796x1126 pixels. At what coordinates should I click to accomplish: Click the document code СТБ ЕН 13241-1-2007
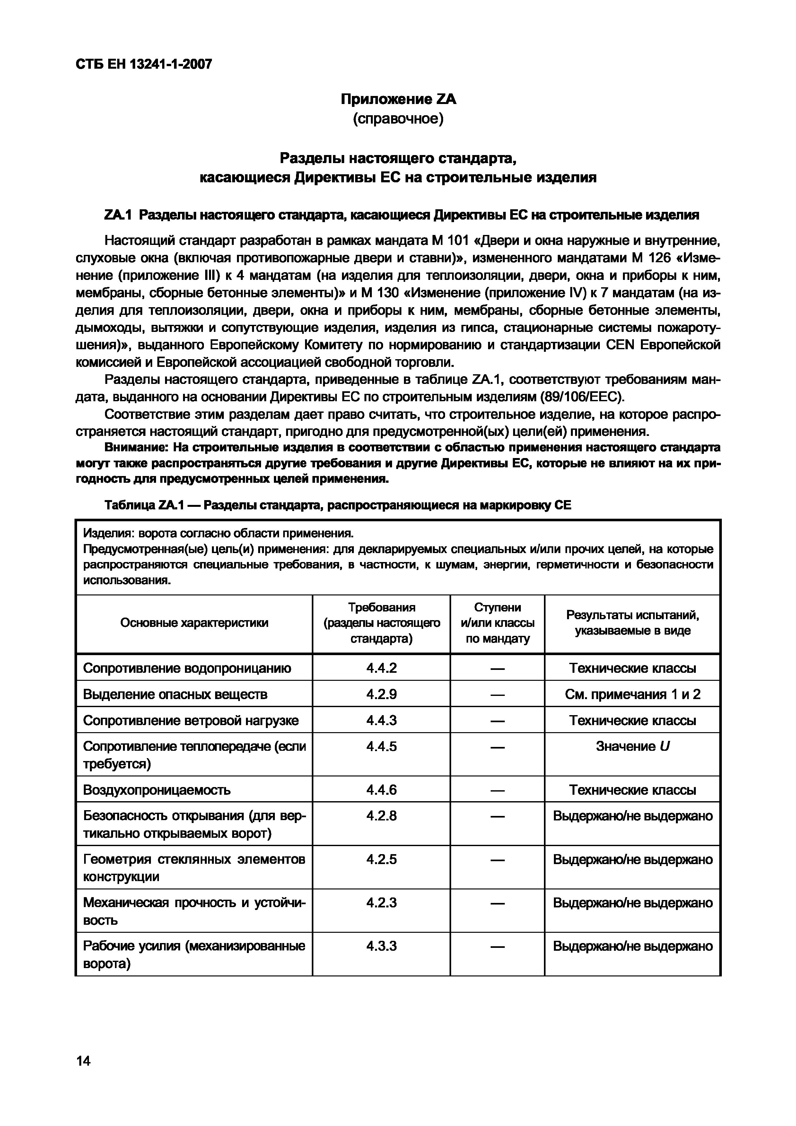[144, 64]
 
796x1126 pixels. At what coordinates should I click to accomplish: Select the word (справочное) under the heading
[398, 119]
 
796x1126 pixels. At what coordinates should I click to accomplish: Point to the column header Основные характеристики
[194, 623]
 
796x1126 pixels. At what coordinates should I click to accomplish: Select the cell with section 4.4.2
[381, 668]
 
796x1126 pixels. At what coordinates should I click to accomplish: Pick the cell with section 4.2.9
[381, 694]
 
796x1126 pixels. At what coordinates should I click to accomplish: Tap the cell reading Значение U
[632, 746]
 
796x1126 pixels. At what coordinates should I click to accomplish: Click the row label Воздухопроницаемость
[157, 790]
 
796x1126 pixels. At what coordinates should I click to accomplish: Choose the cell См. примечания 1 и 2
[632, 694]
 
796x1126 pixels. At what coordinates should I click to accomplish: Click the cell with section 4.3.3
[381, 946]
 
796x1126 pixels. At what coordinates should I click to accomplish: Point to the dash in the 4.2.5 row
[497, 860]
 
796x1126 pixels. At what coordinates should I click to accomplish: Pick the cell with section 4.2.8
[381, 816]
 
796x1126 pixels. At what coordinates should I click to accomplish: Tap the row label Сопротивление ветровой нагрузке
[191, 720]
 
